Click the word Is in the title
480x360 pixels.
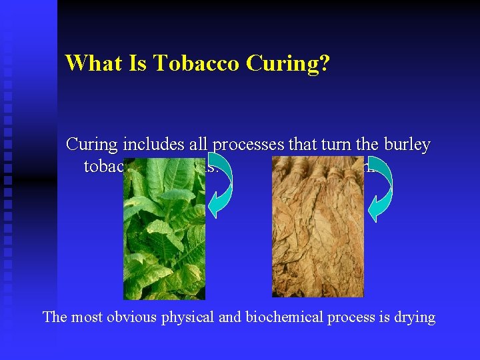(x=137, y=63)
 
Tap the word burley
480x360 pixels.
(x=406, y=145)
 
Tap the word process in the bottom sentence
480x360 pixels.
(x=347, y=317)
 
